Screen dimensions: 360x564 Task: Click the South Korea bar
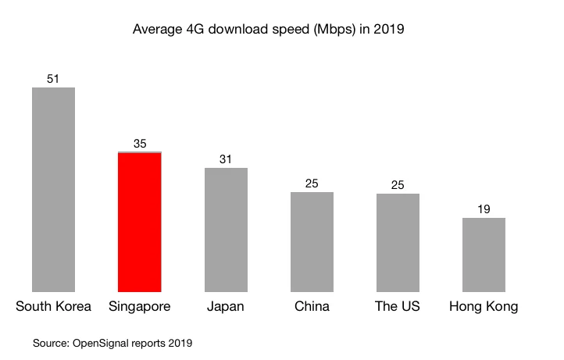point(53,190)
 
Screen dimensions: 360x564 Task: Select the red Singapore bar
point(140,223)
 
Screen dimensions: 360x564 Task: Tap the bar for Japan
point(226,230)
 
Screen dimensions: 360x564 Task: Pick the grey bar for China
point(312,241)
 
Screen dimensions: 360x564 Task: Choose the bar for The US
point(398,242)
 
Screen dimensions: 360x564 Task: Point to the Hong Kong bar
point(484,255)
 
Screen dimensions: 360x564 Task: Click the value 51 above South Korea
point(53,79)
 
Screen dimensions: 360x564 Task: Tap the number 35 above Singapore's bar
point(140,143)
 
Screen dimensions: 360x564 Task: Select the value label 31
point(226,159)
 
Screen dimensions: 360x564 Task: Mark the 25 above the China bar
point(312,184)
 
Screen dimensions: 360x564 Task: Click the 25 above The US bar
point(398,185)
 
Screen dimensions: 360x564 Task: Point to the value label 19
point(484,209)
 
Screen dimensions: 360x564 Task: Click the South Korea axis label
point(53,306)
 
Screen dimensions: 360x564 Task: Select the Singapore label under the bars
point(140,306)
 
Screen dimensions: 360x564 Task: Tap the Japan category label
point(226,306)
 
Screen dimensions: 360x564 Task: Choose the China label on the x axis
point(312,306)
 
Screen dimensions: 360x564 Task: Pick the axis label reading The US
point(398,306)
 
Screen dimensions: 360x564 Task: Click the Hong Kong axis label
point(484,306)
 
